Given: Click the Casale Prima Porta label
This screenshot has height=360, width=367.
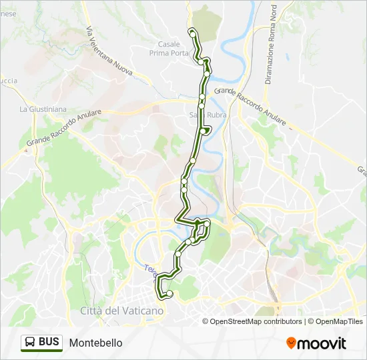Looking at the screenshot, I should tap(169, 48).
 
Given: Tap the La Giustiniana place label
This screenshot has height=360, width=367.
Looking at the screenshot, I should tap(41, 109).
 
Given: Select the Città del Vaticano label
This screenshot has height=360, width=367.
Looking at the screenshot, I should tap(121, 311).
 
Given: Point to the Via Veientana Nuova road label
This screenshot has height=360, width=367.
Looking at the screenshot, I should tap(109, 51).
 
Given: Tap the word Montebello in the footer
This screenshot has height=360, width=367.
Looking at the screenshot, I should tap(95, 343).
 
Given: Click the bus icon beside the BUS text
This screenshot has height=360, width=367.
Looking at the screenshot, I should tap(31, 343).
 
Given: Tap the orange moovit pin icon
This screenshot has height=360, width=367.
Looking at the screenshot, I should tap(291, 343).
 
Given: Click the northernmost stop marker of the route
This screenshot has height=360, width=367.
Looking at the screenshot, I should tap(192, 31).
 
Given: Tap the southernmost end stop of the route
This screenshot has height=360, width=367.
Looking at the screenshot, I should tap(169, 293).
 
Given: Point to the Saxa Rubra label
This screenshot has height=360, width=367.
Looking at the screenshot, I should tap(208, 115).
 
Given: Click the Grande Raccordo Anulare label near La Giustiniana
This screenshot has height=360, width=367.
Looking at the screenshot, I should tap(64, 129).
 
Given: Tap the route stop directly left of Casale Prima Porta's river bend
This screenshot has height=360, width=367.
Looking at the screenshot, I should tap(201, 62).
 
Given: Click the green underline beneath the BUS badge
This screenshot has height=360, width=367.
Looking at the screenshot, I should tap(41, 351).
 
